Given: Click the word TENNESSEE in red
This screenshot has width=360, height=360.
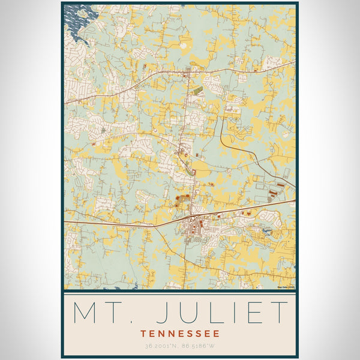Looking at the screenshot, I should [x=180, y=334].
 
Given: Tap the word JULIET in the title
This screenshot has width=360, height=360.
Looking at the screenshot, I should [x=228, y=313].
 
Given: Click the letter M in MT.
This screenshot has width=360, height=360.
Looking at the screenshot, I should [x=86, y=313].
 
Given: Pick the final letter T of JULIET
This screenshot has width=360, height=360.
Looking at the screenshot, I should [x=280, y=313].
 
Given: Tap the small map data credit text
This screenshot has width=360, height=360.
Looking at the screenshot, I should [x=286, y=287].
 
